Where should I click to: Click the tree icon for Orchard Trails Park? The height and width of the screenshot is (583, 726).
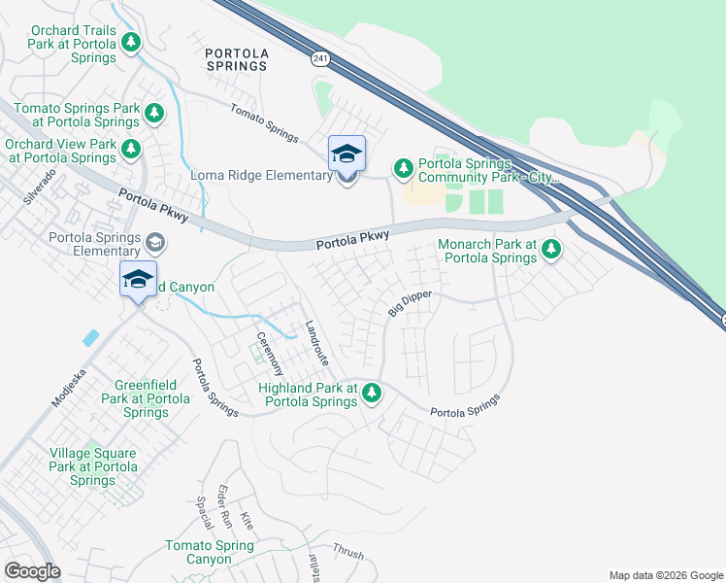(x=132, y=42)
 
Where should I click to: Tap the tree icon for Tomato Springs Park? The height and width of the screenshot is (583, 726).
(x=153, y=114)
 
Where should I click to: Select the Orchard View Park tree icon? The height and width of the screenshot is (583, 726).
(x=131, y=150)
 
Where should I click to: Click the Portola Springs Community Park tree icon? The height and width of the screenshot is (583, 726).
(x=404, y=169)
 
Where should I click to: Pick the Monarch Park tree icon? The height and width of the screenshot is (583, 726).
(x=551, y=250)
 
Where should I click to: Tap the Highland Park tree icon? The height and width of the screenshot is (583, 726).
(x=371, y=394)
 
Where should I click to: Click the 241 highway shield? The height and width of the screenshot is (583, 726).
(x=319, y=59)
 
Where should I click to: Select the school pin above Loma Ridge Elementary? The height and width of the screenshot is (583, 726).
(x=346, y=154)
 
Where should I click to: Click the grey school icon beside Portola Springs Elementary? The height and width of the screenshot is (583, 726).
(x=154, y=242)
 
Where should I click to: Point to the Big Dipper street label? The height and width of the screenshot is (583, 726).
(x=409, y=302)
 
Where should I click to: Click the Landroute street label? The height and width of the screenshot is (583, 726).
(x=317, y=343)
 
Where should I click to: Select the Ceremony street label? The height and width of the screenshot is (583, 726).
(x=269, y=355)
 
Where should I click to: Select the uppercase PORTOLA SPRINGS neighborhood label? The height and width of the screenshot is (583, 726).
(x=236, y=57)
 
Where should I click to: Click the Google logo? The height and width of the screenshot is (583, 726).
(x=32, y=571)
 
